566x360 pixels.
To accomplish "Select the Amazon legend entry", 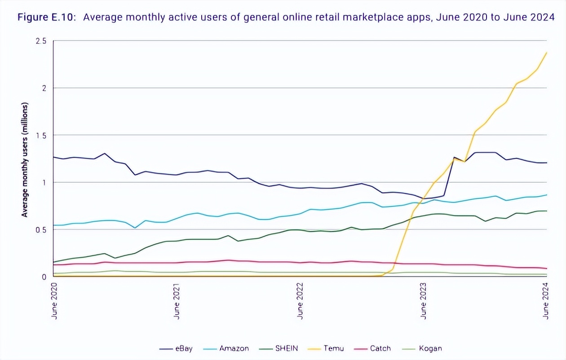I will (234, 348).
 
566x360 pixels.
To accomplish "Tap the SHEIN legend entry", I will (287, 348).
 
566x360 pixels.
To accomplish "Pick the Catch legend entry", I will (380, 348).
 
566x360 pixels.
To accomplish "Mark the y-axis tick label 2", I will (44, 88).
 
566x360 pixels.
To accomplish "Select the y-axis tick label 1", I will (44, 182).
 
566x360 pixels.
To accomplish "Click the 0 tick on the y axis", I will (44, 277).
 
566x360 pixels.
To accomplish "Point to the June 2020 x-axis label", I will (54, 300).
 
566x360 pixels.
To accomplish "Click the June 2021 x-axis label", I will (177, 300).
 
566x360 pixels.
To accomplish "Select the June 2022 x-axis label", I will (300, 300).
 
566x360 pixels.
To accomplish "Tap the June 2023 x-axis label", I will (423, 300).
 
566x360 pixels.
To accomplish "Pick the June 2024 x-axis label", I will (546, 300).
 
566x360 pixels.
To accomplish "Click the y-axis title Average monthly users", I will (25, 160).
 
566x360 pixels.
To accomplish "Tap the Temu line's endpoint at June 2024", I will (546, 53).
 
